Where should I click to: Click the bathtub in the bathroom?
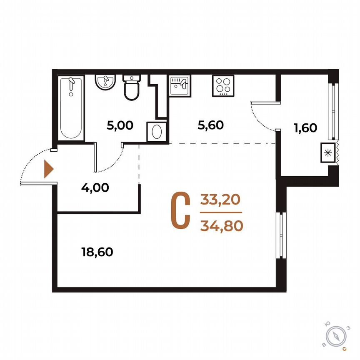[70, 108]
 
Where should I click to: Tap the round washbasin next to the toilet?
[105, 82]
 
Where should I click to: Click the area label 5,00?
[120, 125]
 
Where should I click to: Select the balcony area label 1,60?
[305, 128]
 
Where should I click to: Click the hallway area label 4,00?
[95, 187]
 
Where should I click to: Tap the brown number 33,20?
[220, 200]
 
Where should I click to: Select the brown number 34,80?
[221, 226]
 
